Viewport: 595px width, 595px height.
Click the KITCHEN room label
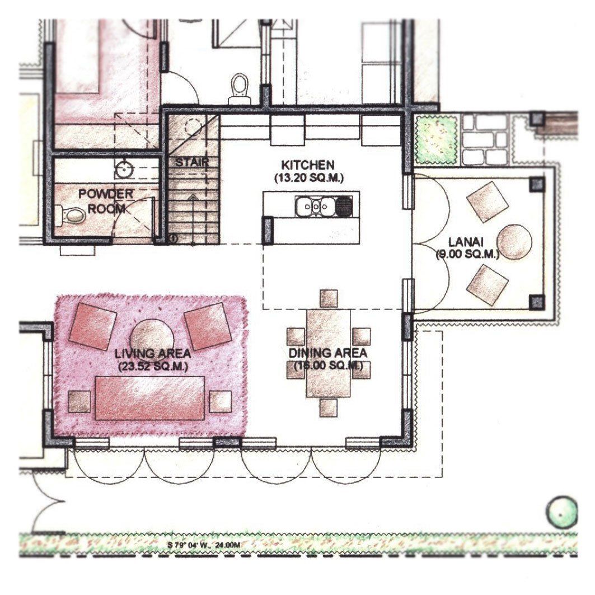point(308,165)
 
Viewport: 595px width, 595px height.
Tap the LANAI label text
point(466,242)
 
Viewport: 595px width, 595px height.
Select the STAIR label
point(192,163)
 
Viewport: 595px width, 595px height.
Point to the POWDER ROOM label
point(105,201)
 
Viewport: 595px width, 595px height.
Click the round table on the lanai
point(514,242)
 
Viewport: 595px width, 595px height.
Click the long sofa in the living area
point(150,398)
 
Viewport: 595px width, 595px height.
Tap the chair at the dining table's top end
point(329,298)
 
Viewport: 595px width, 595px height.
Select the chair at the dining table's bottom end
point(328,408)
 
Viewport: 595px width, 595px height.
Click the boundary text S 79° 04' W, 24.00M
point(204,545)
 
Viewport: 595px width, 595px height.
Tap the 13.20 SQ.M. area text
point(308,177)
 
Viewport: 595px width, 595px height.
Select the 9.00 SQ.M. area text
point(467,254)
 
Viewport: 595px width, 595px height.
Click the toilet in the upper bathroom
point(240,88)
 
